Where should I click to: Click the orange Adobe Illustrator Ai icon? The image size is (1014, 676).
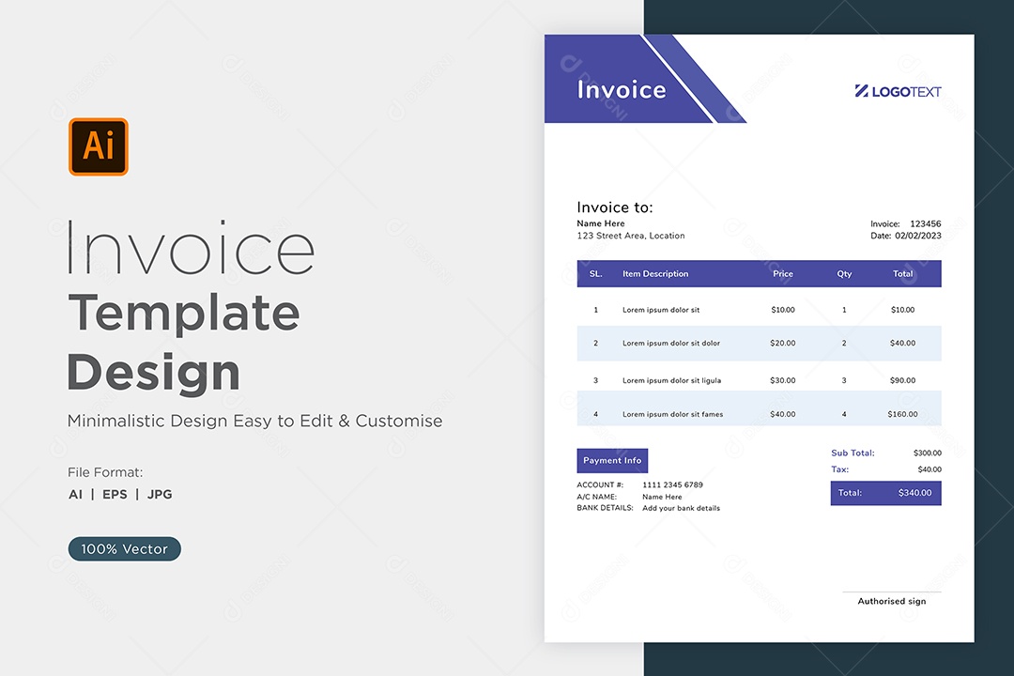click(99, 146)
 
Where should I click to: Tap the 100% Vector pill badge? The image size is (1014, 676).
click(124, 548)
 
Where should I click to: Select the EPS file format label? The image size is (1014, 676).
click(115, 494)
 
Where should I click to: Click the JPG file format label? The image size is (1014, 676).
click(160, 494)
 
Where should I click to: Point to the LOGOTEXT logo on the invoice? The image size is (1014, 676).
click(898, 91)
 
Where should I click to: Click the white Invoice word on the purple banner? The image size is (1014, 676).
click(622, 90)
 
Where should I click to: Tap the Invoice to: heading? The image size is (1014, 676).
click(615, 207)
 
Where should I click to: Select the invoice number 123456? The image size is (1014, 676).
click(926, 223)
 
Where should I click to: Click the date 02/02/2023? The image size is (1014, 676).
click(918, 236)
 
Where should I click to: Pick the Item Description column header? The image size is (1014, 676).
click(655, 273)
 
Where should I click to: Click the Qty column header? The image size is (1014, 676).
click(844, 273)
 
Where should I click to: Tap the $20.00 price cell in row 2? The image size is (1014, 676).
click(782, 343)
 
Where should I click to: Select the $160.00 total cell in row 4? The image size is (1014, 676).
click(902, 414)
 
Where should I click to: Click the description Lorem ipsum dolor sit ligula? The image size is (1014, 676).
click(671, 380)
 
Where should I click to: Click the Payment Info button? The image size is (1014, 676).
click(612, 461)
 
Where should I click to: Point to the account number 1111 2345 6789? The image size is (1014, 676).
click(672, 484)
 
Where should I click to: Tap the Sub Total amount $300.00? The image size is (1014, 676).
click(928, 453)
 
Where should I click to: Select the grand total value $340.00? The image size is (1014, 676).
click(915, 493)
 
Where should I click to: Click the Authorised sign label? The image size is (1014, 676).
click(892, 601)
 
